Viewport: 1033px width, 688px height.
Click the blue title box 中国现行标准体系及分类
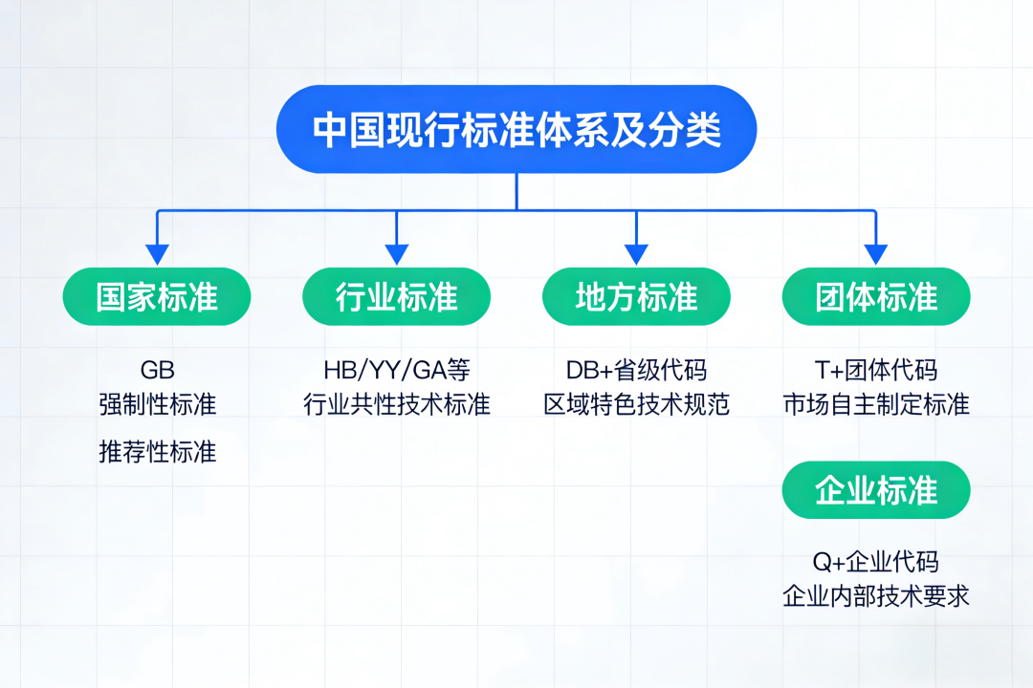pos(516,129)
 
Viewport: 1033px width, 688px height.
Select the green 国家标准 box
pos(157,296)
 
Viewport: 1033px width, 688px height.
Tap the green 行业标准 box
pos(397,296)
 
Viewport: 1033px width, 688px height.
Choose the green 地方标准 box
pos(636,296)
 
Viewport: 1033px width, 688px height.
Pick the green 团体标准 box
pos(876,296)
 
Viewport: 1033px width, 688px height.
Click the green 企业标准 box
pos(876,490)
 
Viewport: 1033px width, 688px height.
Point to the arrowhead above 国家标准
pos(157,255)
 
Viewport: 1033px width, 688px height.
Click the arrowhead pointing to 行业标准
pos(397,255)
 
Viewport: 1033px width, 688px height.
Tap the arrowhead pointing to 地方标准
pos(636,255)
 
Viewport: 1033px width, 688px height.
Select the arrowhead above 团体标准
pos(876,255)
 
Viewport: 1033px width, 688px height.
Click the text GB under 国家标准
pos(158,370)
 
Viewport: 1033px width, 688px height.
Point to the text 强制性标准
pos(158,404)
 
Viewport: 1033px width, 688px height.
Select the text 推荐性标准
pos(158,452)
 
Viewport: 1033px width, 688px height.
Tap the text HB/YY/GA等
pos(397,370)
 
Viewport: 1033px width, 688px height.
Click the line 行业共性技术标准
pos(397,404)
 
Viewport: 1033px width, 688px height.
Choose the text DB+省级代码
pos(636,370)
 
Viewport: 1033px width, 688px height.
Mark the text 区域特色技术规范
pos(636,404)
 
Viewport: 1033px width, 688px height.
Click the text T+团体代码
pos(876,370)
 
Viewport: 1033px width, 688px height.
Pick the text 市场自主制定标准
pos(876,404)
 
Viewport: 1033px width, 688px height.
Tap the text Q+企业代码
pos(876,562)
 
